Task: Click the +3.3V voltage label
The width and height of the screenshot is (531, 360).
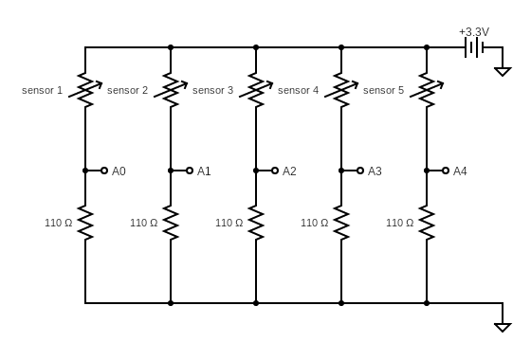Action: [473, 31]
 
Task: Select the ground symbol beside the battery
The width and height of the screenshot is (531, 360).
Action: [503, 69]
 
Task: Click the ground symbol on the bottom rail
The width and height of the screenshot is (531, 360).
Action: [503, 326]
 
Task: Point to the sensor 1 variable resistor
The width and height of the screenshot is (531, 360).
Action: [85, 90]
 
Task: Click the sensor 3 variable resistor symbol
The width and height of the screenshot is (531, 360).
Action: [256, 90]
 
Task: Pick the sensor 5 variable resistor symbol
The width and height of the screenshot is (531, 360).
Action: [427, 90]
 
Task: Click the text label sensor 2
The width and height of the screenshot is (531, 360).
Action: [127, 90]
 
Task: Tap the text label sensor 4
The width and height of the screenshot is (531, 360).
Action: [298, 90]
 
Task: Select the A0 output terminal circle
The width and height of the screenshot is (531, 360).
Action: [104, 171]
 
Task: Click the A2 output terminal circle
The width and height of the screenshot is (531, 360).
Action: [275, 171]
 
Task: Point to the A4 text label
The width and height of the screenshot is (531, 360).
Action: [460, 171]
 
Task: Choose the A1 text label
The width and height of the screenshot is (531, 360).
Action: [204, 171]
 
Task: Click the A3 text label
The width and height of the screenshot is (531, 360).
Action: [375, 171]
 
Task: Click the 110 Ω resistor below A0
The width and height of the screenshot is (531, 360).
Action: [85, 223]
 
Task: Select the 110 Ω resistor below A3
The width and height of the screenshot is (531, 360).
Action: [341, 223]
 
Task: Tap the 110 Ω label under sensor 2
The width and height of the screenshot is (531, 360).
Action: [143, 223]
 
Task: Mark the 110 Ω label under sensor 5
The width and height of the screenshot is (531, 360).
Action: [399, 223]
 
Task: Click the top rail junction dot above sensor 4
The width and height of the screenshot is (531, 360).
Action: [341, 47]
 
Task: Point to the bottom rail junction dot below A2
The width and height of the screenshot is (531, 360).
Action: [256, 303]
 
